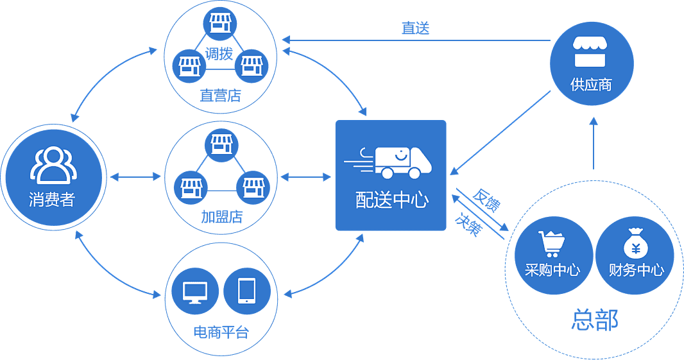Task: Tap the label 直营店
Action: click(x=220, y=96)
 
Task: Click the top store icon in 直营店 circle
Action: click(x=219, y=22)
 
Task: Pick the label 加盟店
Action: click(x=221, y=216)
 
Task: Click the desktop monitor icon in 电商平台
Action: click(x=195, y=292)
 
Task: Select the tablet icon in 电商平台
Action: click(x=247, y=291)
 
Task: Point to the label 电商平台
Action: click(x=220, y=332)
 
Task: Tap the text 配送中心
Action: click(x=391, y=200)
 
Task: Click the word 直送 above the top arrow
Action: click(x=415, y=28)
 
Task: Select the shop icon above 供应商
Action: click(x=590, y=53)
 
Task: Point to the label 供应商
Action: click(x=591, y=84)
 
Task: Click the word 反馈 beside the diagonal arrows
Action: click(x=486, y=200)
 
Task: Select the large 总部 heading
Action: click(x=594, y=320)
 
